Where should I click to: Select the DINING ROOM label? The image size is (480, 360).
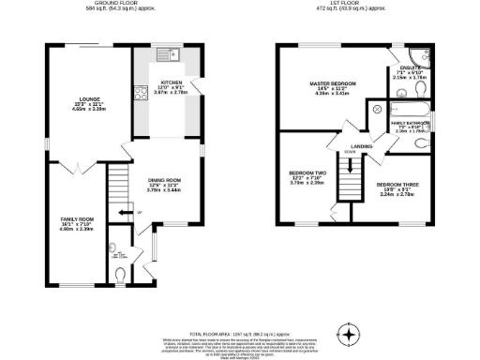[163, 180]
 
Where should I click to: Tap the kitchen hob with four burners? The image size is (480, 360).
[139, 92]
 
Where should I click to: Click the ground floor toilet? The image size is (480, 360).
[117, 273]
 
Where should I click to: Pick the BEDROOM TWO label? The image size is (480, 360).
[307, 173]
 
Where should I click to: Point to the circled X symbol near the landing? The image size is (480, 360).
[378, 111]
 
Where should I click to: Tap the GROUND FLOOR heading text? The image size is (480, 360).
[112, 4]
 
